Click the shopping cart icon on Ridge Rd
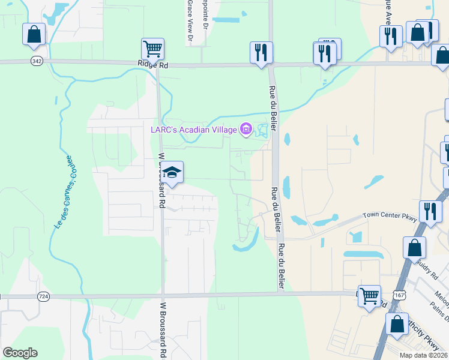coord(152,48)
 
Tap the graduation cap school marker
coord(172,173)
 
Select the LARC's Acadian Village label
coord(193,130)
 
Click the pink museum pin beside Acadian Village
coord(245,129)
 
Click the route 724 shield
coord(43,296)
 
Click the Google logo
coord(20,353)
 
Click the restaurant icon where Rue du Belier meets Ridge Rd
coord(261,52)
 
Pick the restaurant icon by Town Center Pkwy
coord(430,211)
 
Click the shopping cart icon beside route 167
coord(369,295)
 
